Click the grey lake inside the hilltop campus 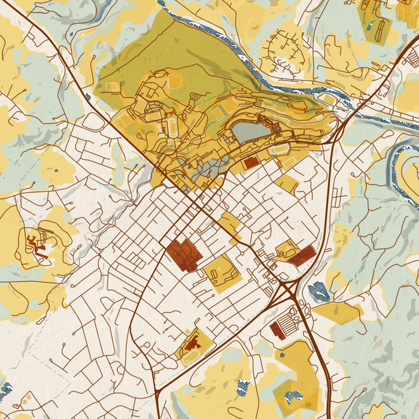[250, 131]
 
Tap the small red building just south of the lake [251, 162]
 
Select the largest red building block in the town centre [184, 254]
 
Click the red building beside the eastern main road [303, 256]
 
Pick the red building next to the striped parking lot [277, 330]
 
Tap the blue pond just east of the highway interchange [319, 292]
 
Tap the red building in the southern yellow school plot [192, 344]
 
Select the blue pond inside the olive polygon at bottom [293, 396]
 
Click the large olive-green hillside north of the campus [162, 54]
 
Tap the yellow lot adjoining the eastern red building [287, 248]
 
